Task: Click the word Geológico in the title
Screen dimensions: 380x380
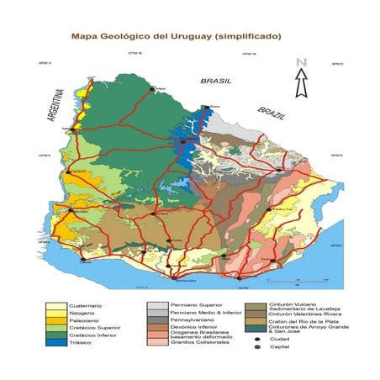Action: (x=125, y=37)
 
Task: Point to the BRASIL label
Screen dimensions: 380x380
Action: (x=214, y=82)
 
